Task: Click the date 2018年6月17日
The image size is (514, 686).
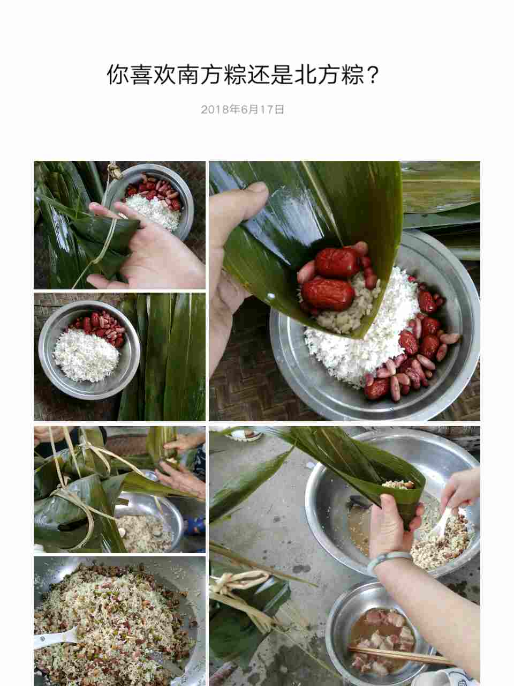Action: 243,109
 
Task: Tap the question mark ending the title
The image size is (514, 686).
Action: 372,75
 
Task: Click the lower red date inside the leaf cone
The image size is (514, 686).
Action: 328,294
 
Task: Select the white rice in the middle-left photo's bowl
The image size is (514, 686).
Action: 86,355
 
